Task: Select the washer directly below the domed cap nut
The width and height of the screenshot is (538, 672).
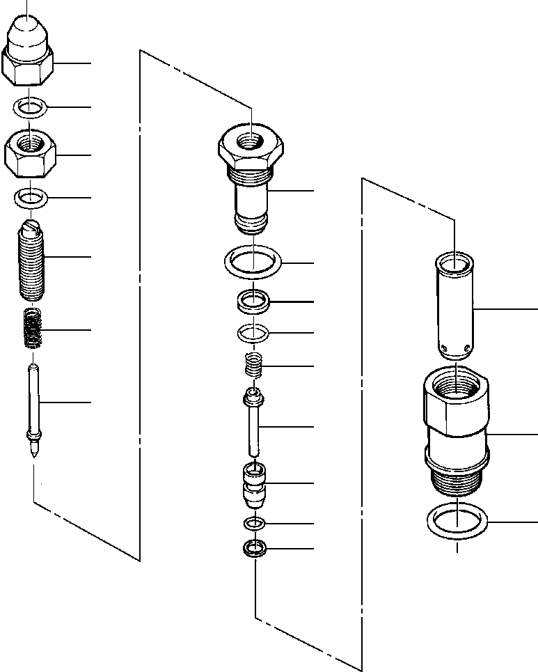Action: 29,108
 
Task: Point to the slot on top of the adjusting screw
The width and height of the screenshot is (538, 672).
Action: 29,227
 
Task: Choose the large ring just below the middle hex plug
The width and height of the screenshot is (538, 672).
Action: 253,263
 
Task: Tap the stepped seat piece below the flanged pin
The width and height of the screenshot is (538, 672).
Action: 254,483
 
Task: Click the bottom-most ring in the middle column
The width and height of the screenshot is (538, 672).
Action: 255,549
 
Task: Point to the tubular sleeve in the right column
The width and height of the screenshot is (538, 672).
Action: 453,306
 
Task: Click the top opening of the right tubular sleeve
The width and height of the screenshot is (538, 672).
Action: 453,264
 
